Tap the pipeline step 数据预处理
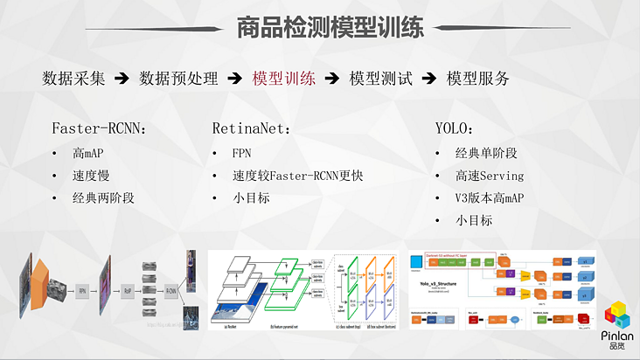[x=177, y=78]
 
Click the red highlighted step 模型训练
[x=283, y=78]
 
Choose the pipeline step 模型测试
[x=380, y=78]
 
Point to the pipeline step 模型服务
[x=477, y=78]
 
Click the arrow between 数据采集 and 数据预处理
[x=122, y=78]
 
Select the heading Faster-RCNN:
[x=99, y=128]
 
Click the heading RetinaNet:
[x=251, y=128]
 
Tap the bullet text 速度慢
[x=91, y=176]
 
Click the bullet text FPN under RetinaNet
[x=242, y=153]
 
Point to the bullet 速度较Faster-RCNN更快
[x=297, y=176]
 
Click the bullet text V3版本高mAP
[x=490, y=198]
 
